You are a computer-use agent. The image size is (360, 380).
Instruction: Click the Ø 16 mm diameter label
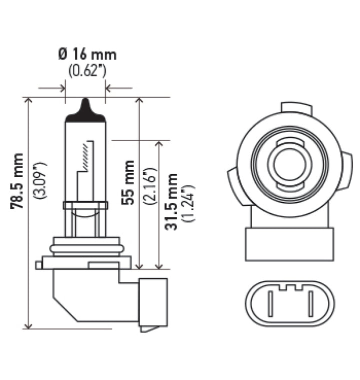pyautogui.click(x=87, y=54)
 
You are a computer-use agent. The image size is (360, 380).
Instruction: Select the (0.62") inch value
pyautogui.click(x=87, y=71)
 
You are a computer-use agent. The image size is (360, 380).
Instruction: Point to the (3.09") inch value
pyautogui.click(x=40, y=181)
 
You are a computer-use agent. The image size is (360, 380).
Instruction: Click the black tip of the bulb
pyautogui.click(x=85, y=111)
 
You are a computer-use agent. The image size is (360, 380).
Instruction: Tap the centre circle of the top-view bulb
pyautogui.click(x=289, y=165)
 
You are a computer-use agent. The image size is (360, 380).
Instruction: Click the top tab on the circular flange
pyautogui.click(x=296, y=108)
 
